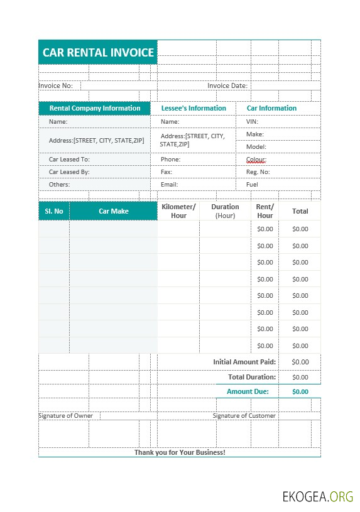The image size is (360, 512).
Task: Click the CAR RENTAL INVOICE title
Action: pyautogui.click(x=98, y=53)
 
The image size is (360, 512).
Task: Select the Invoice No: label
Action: pyautogui.click(x=56, y=85)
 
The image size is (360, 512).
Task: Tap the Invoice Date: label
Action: pyautogui.click(x=227, y=85)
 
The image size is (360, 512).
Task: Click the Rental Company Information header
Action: pyautogui.click(x=95, y=108)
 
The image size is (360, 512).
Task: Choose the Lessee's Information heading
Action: pyautogui.click(x=193, y=108)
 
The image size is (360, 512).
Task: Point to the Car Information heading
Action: pyautogui.click(x=271, y=108)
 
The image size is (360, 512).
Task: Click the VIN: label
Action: pyautogui.click(x=252, y=122)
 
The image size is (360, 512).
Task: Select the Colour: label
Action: pyautogui.click(x=256, y=160)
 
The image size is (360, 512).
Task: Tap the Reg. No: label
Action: pyautogui.click(x=258, y=172)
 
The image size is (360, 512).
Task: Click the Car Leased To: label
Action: pyautogui.click(x=69, y=160)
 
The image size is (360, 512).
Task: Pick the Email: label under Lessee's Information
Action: pyautogui.click(x=169, y=185)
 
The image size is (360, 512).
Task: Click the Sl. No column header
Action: pyautogui.click(x=54, y=211)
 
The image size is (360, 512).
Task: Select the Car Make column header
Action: pyautogui.click(x=114, y=211)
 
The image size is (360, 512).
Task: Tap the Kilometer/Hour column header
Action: pyautogui.click(x=178, y=211)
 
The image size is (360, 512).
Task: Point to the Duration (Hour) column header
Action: pyautogui.click(x=225, y=211)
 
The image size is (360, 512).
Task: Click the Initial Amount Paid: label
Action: pyautogui.click(x=244, y=362)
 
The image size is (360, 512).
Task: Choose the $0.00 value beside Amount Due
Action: pyautogui.click(x=300, y=391)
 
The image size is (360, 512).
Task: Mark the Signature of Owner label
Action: pyautogui.click(x=65, y=416)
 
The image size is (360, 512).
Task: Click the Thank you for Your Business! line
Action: pyautogui.click(x=180, y=452)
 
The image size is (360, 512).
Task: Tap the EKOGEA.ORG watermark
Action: pyautogui.click(x=317, y=497)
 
